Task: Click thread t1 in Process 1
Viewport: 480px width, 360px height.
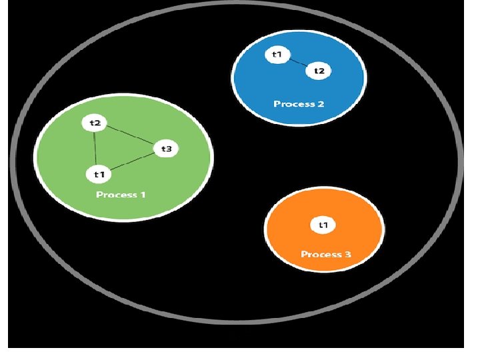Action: click(x=99, y=174)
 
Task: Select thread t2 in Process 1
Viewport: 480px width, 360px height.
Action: click(x=95, y=123)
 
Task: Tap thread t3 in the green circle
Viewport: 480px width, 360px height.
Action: click(x=166, y=149)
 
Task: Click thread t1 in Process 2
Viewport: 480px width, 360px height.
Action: click(x=277, y=54)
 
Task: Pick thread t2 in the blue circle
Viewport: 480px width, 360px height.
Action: click(x=318, y=71)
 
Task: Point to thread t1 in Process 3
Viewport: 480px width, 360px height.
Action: click(x=323, y=225)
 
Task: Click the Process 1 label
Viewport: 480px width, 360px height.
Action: click(x=121, y=195)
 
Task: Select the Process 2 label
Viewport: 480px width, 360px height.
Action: click(x=299, y=104)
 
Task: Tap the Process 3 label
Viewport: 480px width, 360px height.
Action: click(x=325, y=254)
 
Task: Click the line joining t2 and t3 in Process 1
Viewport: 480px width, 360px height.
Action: click(x=131, y=136)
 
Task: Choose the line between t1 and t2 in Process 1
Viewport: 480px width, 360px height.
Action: click(x=97, y=148)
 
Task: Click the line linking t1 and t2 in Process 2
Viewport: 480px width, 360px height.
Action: click(x=297, y=63)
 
